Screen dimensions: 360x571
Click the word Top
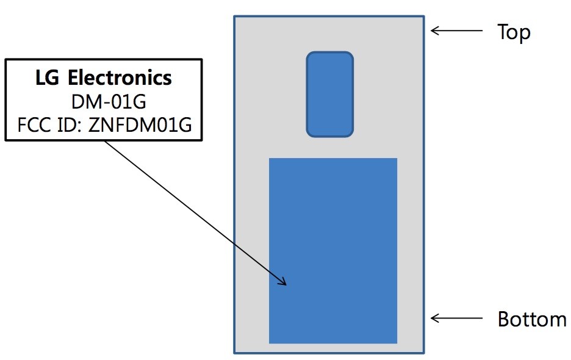click(514, 32)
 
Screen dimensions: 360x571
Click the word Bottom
click(532, 319)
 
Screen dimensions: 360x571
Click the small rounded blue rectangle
click(329, 94)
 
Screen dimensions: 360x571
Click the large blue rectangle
click(333, 250)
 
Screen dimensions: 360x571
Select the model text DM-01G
click(103, 101)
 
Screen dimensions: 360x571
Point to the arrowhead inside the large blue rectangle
click(283, 283)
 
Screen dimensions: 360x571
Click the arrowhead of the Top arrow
click(434, 31)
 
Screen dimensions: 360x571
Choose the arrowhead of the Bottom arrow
click(434, 318)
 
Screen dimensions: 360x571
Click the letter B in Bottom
click(504, 319)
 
